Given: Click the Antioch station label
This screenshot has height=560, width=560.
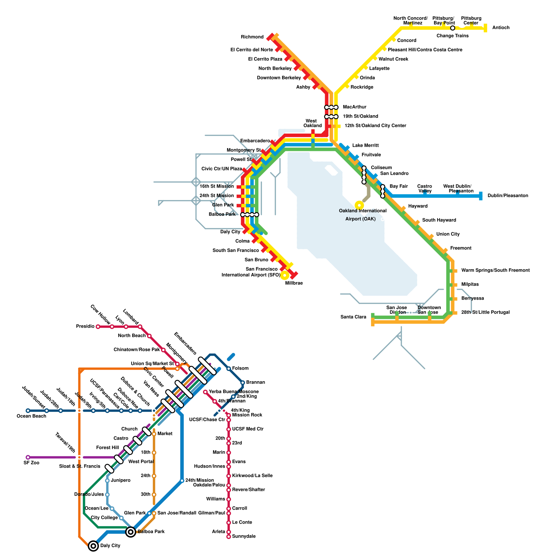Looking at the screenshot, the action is pos(500,28).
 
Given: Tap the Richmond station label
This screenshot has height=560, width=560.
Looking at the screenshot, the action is pos(252,37).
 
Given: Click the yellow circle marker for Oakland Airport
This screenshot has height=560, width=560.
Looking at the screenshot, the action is pos(359,205).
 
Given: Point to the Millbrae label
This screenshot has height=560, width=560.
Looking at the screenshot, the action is pos(294,283).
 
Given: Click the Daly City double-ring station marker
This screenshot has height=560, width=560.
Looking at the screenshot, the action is pos(93,546).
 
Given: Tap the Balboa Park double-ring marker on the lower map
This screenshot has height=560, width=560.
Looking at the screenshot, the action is pos(131,532).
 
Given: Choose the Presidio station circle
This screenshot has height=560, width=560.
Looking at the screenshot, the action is pos(98,327).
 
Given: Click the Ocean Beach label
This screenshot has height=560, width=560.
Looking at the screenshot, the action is pos(31,416).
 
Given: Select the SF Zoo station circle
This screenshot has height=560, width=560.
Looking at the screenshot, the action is pos(28,457).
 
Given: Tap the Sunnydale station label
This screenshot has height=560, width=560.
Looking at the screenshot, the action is pos(244,536).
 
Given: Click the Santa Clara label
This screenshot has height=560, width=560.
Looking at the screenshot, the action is pos(353,317).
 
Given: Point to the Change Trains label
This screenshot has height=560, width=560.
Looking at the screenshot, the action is pos(453,36).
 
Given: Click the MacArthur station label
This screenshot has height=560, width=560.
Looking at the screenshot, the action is pos(355,107).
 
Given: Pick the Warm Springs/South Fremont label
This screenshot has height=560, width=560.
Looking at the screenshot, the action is pos(495,270).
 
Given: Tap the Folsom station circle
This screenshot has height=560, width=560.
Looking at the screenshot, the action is pos(229,369).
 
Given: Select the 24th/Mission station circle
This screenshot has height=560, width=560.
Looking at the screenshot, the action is pos(182,481).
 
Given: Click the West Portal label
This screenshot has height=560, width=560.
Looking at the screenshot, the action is pos(141,462).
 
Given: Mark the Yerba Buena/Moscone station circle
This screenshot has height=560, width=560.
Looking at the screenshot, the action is pos(205,392).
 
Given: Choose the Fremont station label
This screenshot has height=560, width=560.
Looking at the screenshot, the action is pos(461,248).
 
